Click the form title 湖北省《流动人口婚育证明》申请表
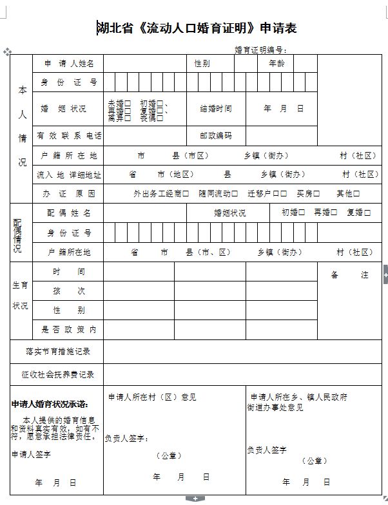(197, 28)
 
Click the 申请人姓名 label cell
(69, 64)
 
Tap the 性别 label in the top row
(202, 64)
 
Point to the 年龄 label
(276, 64)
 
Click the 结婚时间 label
(216, 109)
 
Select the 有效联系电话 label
(69, 136)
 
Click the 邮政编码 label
(216, 136)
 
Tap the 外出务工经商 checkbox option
(161, 193)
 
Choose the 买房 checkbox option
(308, 193)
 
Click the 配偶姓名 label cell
(69, 213)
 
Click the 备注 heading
(349, 275)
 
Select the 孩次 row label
(69, 291)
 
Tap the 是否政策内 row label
(69, 329)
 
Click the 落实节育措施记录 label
(58, 352)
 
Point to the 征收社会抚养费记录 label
(58, 374)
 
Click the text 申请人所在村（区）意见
(152, 397)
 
